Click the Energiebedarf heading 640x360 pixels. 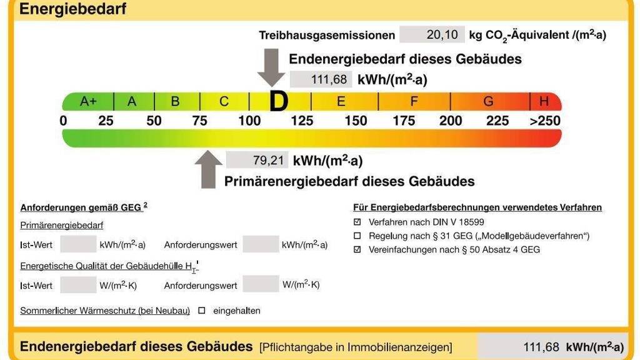pos(73,9)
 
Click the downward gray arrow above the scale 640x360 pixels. pos(271,68)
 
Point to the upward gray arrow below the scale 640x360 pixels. pos(209,169)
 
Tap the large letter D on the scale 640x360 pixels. pos(279,101)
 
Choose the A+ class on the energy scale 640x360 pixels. pos(88,101)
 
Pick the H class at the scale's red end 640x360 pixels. pos(544,101)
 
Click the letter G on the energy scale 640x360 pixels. pos(488,101)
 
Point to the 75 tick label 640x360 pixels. pos(200,121)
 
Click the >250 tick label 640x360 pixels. pos(545,121)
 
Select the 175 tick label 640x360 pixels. pos(404,121)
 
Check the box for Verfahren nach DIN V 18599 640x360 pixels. pos(357,222)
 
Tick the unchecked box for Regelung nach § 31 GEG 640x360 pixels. pos(357,236)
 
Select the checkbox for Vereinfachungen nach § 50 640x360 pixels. pos(357,249)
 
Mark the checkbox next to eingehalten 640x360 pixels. pos(202,310)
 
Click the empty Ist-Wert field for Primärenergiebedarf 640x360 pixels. pos(78,244)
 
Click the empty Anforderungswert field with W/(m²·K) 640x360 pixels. pos(261,284)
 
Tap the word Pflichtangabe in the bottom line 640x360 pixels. pos(297,347)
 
